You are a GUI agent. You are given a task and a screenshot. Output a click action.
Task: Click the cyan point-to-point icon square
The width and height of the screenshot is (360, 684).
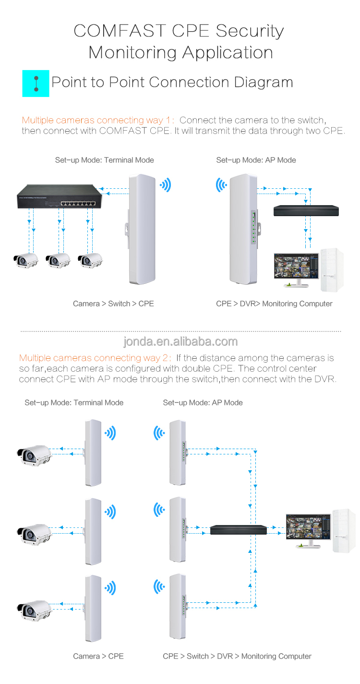[36, 83]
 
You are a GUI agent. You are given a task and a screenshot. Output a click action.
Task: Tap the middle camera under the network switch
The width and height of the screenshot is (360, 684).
[58, 260]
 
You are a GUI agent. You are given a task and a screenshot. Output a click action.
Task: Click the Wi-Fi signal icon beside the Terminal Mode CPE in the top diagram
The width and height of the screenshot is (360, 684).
[165, 185]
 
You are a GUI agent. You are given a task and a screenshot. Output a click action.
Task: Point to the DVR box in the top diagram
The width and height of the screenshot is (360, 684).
[306, 211]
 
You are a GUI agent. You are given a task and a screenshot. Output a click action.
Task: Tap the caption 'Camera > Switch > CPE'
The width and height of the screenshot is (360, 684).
[113, 304]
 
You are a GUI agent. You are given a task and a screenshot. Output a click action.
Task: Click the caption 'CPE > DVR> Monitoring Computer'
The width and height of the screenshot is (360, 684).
[274, 304]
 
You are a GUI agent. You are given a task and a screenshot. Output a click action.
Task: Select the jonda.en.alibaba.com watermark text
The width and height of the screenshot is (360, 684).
[180, 342]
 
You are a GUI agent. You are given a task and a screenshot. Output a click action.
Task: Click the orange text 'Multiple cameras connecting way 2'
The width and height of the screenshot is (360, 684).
[95, 358]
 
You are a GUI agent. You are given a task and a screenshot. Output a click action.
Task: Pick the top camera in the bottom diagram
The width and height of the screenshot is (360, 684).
[34, 454]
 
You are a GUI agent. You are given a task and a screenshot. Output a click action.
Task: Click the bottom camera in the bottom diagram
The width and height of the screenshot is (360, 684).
[34, 609]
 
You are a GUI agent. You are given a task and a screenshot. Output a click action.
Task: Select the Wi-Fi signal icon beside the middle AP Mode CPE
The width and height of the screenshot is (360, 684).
[159, 510]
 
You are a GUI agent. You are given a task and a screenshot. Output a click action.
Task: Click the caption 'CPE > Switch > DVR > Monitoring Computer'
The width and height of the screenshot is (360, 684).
[237, 656]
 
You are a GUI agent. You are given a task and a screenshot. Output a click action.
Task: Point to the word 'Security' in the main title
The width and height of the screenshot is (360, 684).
[250, 31]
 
